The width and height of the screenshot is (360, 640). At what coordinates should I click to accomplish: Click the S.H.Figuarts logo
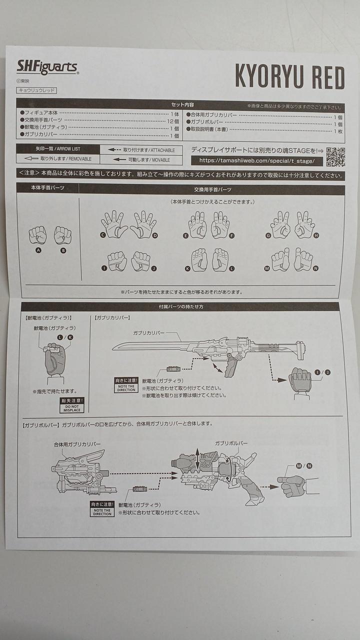point(47,67)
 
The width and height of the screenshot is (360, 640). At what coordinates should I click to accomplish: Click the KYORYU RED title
point(289,77)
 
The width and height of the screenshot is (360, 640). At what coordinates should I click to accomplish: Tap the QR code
point(335,157)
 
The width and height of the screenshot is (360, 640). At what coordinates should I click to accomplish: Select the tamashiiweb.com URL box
point(257,161)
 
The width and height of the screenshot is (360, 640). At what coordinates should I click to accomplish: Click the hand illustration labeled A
point(37,234)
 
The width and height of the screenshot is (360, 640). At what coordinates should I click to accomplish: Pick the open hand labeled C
point(114,224)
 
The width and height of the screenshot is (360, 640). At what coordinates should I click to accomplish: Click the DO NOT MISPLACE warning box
point(72,405)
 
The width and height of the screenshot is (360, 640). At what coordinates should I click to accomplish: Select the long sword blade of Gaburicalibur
point(150,345)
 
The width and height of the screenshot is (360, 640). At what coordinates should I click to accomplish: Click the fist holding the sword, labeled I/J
point(300,380)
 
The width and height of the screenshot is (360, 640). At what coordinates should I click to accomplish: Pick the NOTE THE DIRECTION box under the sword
point(126,385)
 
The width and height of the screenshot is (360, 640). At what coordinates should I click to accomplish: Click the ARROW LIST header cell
point(57,149)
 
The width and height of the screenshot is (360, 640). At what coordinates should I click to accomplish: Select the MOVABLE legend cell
point(141,160)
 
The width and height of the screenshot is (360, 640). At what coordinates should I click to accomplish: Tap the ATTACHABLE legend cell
point(141,149)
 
